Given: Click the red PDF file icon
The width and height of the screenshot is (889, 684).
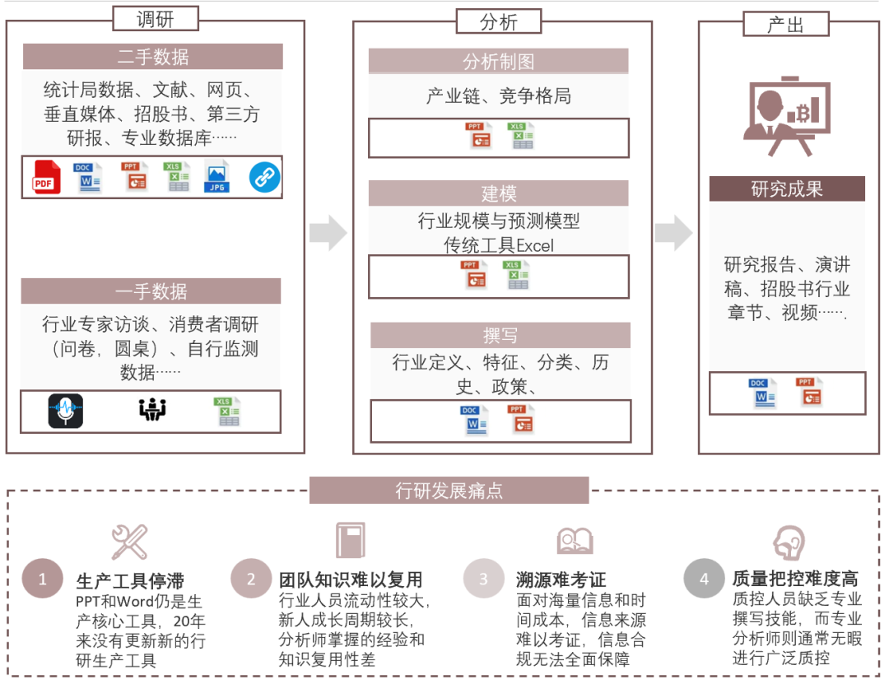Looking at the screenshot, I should (47, 178).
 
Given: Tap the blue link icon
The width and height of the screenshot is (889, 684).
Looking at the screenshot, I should (264, 177).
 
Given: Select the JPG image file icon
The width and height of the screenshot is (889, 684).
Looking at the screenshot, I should (216, 177).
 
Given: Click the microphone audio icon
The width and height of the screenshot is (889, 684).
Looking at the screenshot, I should (66, 411).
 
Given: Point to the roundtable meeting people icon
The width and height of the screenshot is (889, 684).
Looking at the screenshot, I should (152, 409).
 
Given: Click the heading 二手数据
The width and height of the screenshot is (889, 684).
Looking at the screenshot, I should (153, 57).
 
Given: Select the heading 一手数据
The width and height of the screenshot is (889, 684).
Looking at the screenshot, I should (151, 291).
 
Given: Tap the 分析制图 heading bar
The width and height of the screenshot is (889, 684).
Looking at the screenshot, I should (498, 62).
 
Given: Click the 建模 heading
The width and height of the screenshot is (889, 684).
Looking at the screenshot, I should (498, 193).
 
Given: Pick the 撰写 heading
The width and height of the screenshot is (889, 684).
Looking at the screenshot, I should (500, 335).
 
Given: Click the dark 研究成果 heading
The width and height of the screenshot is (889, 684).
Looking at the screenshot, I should (787, 188).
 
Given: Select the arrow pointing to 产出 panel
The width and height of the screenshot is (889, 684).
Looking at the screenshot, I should (674, 233).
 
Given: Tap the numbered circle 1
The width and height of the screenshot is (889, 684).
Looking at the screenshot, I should (43, 579).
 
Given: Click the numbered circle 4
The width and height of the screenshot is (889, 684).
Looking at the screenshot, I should (704, 579).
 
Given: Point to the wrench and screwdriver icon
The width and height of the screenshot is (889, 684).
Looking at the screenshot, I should (129, 542).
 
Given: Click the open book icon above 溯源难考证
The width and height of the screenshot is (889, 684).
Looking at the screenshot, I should (575, 541).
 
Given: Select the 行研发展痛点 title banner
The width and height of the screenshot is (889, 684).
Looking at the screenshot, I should (449, 491).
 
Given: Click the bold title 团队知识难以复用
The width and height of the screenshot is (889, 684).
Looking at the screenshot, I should (351, 579).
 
